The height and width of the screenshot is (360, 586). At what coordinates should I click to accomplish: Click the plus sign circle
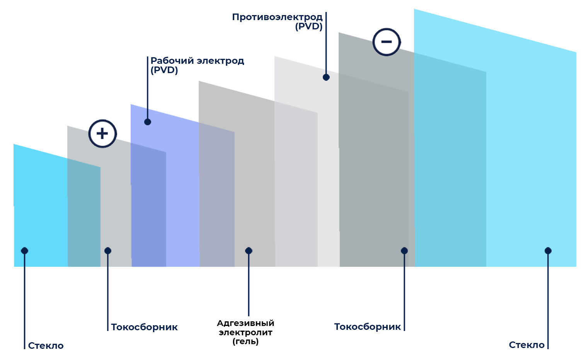(x=102, y=134)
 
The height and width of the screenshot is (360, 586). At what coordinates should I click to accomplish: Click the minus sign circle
(x=387, y=42)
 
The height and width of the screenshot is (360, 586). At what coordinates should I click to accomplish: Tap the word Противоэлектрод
(x=277, y=17)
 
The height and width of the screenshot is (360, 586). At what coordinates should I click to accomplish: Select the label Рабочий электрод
(x=197, y=61)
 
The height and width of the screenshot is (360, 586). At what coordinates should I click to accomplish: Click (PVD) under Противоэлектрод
(x=309, y=26)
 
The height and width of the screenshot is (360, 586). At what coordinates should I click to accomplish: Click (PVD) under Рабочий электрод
(x=164, y=70)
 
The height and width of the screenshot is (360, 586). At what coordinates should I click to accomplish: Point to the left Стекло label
(x=46, y=346)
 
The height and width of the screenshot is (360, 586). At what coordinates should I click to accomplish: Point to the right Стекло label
(x=526, y=345)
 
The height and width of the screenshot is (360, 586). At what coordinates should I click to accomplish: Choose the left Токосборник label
(x=145, y=327)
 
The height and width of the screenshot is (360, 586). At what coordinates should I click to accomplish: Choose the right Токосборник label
(x=368, y=327)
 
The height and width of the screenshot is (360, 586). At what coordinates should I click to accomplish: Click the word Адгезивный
(x=246, y=323)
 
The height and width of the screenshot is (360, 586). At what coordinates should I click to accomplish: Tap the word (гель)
(x=246, y=341)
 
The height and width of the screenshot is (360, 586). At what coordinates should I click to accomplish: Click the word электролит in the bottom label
(x=246, y=333)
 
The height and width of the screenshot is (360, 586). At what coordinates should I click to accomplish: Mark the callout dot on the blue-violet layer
(x=148, y=122)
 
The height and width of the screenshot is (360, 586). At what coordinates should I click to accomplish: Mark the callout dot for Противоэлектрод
(x=326, y=77)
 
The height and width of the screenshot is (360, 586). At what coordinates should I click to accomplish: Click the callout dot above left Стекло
(x=25, y=251)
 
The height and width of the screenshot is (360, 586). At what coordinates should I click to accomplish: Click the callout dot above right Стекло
(x=548, y=251)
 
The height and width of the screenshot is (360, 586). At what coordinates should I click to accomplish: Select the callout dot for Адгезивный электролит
(x=249, y=251)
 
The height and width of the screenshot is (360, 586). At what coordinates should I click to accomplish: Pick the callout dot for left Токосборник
(x=108, y=251)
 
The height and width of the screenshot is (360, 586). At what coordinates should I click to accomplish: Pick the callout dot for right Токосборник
(x=404, y=251)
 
